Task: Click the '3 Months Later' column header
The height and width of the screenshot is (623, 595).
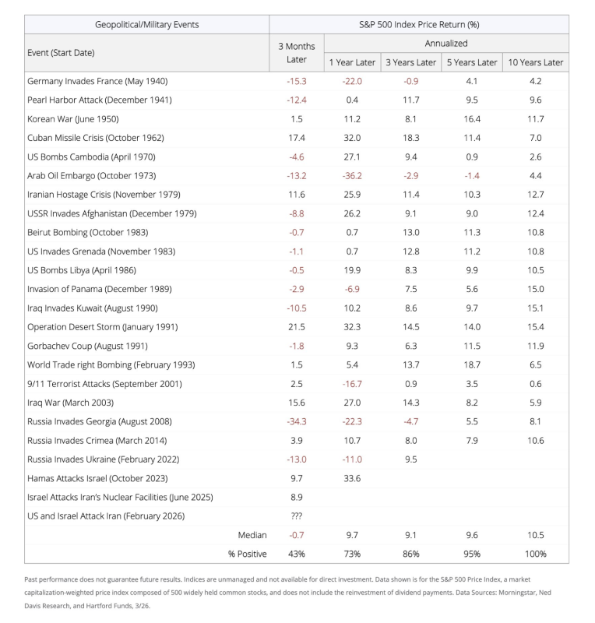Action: click(297, 52)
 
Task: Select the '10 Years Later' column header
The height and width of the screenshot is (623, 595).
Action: click(536, 62)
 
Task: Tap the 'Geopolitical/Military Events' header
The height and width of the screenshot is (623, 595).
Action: click(146, 24)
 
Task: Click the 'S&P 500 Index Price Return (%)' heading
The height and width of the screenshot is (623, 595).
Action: click(418, 24)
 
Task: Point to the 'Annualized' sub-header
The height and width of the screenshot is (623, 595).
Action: click(445, 44)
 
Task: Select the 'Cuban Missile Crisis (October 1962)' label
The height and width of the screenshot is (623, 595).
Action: click(96, 138)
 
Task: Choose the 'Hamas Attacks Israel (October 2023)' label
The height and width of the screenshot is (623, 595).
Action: click(97, 478)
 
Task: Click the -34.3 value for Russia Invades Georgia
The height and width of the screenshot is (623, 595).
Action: click(297, 421)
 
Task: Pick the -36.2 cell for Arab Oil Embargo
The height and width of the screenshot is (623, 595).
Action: click(352, 175)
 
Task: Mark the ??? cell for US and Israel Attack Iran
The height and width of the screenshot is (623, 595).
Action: click(297, 516)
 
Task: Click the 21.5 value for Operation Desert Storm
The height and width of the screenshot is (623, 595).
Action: click(297, 327)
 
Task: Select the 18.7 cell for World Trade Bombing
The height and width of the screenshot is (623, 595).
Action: click(472, 364)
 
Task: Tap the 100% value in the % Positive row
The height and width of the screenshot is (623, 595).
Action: click(536, 554)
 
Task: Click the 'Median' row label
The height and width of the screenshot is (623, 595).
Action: click(252, 535)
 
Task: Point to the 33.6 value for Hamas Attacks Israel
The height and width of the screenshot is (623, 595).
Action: click(352, 478)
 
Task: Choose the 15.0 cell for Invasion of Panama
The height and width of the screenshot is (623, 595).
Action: click(536, 289)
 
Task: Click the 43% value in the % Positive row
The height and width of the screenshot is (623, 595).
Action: click(297, 554)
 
